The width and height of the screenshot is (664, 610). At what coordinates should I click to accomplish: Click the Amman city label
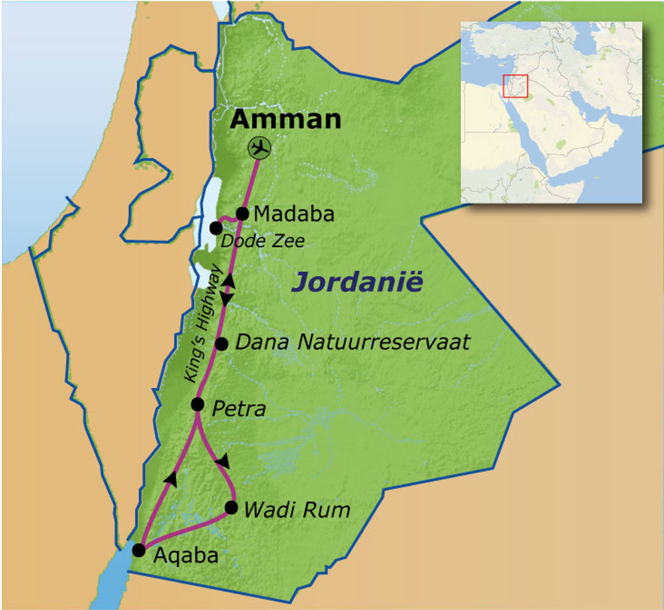[x=286, y=119]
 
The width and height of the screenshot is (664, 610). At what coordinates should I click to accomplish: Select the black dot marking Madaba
[x=243, y=213]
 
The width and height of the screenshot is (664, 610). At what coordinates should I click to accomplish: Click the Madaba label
[x=294, y=213]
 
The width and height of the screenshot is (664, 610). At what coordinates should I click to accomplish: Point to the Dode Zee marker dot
[x=216, y=228]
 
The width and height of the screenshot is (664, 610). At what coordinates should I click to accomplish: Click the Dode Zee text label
[x=263, y=241]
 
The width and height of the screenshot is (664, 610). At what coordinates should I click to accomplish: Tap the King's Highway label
[x=203, y=324]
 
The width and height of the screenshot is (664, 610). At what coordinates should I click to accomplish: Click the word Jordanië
[x=357, y=282]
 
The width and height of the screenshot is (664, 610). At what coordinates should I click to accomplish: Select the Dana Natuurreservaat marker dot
[x=221, y=343]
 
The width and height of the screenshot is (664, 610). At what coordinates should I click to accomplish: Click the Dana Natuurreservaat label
[x=352, y=342]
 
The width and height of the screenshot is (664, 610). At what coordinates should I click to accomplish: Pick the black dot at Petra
[x=198, y=404]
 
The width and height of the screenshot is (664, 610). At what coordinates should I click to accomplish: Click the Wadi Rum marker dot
[x=231, y=507]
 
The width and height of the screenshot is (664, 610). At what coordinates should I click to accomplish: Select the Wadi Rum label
[x=296, y=509]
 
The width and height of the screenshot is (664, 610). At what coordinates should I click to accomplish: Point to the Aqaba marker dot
[x=138, y=550]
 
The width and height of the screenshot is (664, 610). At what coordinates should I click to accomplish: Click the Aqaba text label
[x=185, y=556]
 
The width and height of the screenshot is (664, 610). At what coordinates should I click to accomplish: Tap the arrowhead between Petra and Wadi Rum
[x=223, y=461]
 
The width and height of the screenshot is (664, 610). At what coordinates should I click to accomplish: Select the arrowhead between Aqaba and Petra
[x=171, y=478]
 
